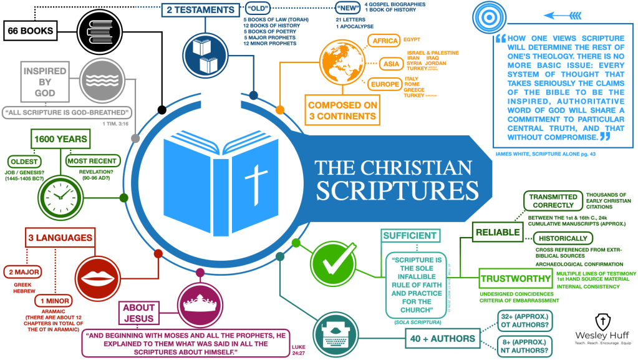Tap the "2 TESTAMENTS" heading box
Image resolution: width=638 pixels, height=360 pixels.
coord(201,10)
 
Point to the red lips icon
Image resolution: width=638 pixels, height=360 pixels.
coord(98,275)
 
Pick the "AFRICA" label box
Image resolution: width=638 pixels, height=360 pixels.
coord(384,41)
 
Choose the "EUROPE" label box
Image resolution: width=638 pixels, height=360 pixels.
coord(385,84)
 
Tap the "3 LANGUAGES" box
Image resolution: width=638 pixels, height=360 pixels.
coord(60,237)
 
